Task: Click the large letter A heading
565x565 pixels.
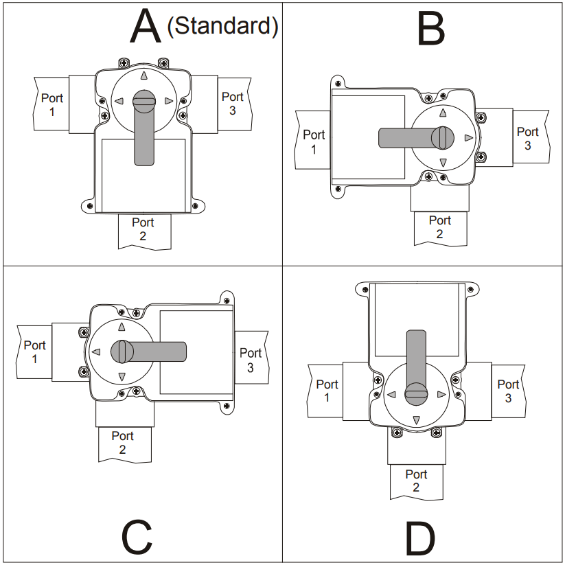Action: pyautogui.click(x=146, y=27)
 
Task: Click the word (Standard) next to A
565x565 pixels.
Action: pyautogui.click(x=222, y=26)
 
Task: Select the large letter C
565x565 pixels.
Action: pyautogui.click(x=137, y=537)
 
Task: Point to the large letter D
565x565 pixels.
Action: pyautogui.click(x=419, y=537)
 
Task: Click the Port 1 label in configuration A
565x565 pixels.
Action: pyautogui.click(x=52, y=104)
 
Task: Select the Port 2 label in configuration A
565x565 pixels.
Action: pyautogui.click(x=143, y=229)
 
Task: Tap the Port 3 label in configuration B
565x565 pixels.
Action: pyautogui.click(x=527, y=138)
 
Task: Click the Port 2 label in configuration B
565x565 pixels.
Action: pyautogui.click(x=440, y=227)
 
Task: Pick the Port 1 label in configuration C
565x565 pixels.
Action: pyautogui.click(x=35, y=351)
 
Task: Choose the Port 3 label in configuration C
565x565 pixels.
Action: pyautogui.click(x=251, y=360)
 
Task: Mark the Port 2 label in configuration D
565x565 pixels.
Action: pyautogui.click(x=416, y=481)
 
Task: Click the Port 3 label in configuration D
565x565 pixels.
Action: pyautogui.click(x=508, y=391)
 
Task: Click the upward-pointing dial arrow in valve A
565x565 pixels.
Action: pyautogui.click(x=143, y=77)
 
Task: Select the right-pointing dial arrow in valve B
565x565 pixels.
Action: pyautogui.click(x=469, y=138)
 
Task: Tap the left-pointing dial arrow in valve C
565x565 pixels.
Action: pyautogui.click(x=96, y=351)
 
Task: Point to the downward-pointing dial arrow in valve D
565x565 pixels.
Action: pyautogui.click(x=416, y=420)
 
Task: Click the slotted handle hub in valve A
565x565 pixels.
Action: pyautogui.click(x=143, y=101)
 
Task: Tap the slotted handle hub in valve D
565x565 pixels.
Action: pyautogui.click(x=416, y=394)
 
